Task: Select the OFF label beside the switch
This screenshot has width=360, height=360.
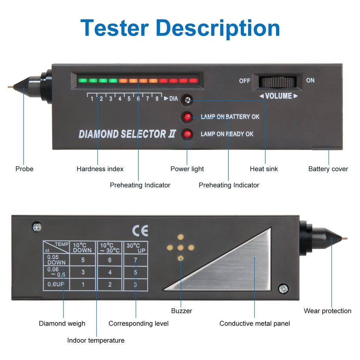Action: click(x=244, y=81)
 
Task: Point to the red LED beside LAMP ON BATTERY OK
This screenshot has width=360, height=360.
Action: click(x=187, y=117)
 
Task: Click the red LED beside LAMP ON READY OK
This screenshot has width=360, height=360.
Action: click(x=187, y=134)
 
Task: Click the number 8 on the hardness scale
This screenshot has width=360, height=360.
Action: click(x=157, y=99)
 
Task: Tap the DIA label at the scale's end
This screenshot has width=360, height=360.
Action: click(x=173, y=99)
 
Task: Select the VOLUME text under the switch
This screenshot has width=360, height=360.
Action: click(x=278, y=96)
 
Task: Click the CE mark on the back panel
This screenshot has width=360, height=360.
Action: click(x=140, y=230)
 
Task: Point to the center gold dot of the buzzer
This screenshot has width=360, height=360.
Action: click(x=181, y=247)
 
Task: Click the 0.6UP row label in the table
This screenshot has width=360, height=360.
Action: click(x=55, y=284)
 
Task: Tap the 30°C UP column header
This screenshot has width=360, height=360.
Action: click(x=135, y=247)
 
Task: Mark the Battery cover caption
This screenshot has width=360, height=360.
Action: click(x=328, y=169)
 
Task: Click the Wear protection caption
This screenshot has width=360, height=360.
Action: click(x=327, y=311)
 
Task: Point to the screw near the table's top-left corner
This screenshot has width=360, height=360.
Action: click(x=37, y=226)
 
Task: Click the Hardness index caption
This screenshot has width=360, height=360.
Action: click(x=100, y=169)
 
